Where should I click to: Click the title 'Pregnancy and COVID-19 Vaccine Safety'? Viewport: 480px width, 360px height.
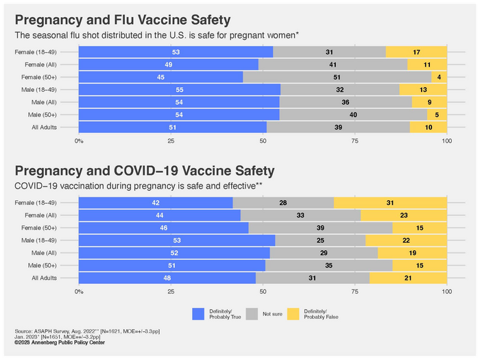click(145, 171)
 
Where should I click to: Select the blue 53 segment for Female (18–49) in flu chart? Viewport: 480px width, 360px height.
click(176, 51)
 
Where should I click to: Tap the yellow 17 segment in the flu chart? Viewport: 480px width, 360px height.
click(416, 51)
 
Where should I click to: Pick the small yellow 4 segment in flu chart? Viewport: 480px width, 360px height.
click(439, 77)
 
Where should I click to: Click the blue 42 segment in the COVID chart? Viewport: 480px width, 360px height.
click(156, 203)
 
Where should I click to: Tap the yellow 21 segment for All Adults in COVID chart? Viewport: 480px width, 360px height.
click(408, 278)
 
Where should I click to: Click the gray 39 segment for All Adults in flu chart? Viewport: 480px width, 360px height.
click(338, 127)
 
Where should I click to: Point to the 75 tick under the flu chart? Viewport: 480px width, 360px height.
click(355, 141)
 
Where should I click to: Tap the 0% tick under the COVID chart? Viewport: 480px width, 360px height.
click(79, 291)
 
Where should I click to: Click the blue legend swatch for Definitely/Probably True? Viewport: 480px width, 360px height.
click(199, 313)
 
